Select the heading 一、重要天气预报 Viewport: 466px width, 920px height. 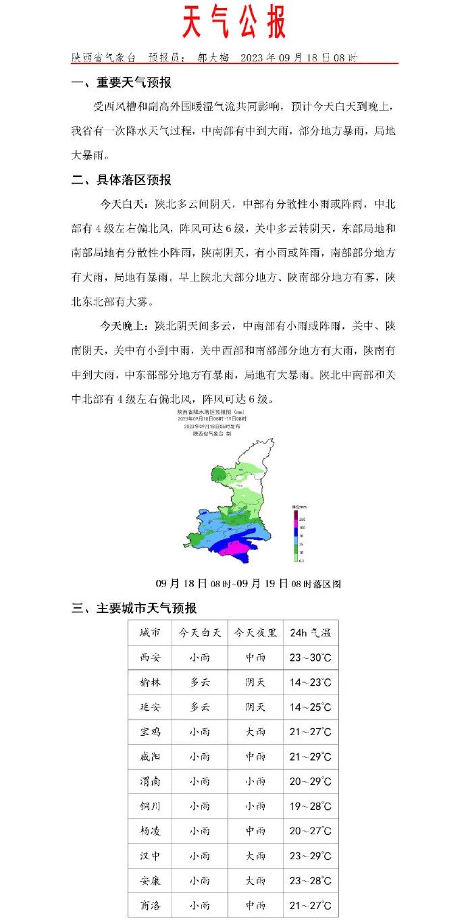tap(122, 83)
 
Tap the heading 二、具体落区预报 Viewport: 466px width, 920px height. tap(122, 180)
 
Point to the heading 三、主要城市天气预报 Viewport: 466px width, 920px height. tap(134, 608)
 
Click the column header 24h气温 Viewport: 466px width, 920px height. tap(310, 633)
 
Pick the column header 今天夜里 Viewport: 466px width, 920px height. tap(255, 633)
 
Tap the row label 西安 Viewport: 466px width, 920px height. tap(150, 657)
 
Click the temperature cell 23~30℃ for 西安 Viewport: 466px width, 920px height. tap(310, 657)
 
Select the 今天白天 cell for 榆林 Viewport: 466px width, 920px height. tap(199, 682)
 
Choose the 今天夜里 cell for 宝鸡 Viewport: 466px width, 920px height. tap(255, 732)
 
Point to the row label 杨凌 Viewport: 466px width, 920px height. tap(150, 831)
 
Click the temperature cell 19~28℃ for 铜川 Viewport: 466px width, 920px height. tap(310, 806)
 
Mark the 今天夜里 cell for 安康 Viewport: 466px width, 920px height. tap(255, 880)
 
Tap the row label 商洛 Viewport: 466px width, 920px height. tap(150, 905)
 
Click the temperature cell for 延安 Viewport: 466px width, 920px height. tap(310, 707)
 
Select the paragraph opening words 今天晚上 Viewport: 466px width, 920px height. tap(124, 326)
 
